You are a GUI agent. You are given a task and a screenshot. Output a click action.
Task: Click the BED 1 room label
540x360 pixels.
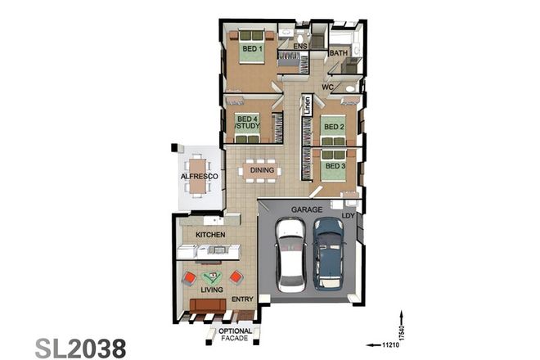click(x=251, y=49)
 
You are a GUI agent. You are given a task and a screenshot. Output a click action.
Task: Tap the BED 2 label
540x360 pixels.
click(x=331, y=128)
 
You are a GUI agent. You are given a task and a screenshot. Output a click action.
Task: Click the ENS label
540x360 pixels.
click(x=300, y=47)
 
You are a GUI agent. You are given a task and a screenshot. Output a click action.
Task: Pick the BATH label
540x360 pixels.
click(x=338, y=54)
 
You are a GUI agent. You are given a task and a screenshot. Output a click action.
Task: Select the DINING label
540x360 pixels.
click(x=262, y=171)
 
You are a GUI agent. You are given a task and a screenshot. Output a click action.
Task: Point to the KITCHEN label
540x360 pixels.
click(x=209, y=236)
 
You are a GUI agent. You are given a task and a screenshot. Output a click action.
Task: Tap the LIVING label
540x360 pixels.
click(x=213, y=290)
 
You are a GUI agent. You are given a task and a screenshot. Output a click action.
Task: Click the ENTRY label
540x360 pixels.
click(x=242, y=299)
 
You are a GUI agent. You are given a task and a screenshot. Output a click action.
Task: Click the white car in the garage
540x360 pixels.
click(x=290, y=254)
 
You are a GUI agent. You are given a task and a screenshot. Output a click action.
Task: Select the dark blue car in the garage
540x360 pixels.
click(x=328, y=253)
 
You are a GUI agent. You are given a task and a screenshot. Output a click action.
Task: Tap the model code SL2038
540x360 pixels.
click(x=80, y=346)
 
